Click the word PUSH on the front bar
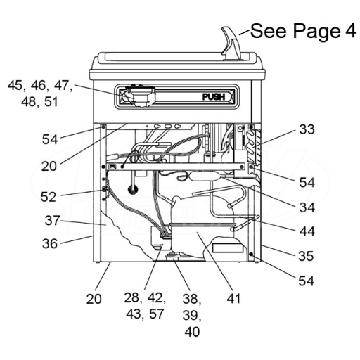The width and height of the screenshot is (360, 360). click(x=214, y=97)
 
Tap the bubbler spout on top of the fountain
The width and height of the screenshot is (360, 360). click(x=231, y=44)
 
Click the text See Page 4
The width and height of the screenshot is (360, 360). click(x=303, y=31)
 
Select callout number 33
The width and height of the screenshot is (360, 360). click(x=307, y=129)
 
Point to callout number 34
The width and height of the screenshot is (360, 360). click(x=307, y=207)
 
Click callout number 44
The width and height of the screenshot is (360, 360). click(x=307, y=231)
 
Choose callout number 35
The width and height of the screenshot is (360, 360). click(x=306, y=256)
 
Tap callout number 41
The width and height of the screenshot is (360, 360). click(x=233, y=299)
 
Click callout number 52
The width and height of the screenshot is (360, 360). click(x=49, y=197)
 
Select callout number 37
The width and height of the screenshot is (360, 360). click(x=52, y=221)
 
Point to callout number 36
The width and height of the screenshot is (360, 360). click(x=50, y=243)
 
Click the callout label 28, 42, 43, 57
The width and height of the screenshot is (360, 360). click(x=145, y=306)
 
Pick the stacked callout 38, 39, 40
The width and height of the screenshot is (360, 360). click(x=192, y=315)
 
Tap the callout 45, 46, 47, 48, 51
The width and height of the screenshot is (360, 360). click(x=40, y=94)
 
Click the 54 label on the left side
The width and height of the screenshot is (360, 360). click(x=50, y=139)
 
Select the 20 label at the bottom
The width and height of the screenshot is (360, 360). click(x=94, y=299)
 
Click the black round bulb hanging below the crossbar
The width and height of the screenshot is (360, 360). click(x=133, y=189)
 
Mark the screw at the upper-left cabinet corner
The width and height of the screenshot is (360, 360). click(x=103, y=127)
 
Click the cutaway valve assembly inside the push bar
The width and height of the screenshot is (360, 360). click(x=140, y=96)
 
